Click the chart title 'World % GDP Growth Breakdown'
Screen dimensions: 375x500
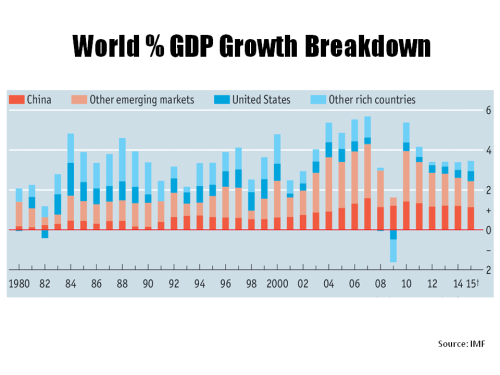click(x=250, y=48)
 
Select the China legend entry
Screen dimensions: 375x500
click(x=31, y=100)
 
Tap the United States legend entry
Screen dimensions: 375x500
click(x=257, y=100)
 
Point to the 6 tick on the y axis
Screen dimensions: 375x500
click(x=487, y=110)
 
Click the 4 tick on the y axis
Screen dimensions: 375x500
click(x=487, y=150)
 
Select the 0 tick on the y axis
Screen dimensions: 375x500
click(x=487, y=230)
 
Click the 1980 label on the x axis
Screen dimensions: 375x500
click(x=19, y=284)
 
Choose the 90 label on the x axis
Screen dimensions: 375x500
click(x=148, y=284)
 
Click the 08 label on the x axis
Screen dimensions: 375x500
click(x=380, y=284)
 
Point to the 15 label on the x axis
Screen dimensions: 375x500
click(x=471, y=284)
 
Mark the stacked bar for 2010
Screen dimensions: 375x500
click(x=406, y=176)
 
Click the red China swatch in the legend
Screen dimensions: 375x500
click(x=14, y=100)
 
